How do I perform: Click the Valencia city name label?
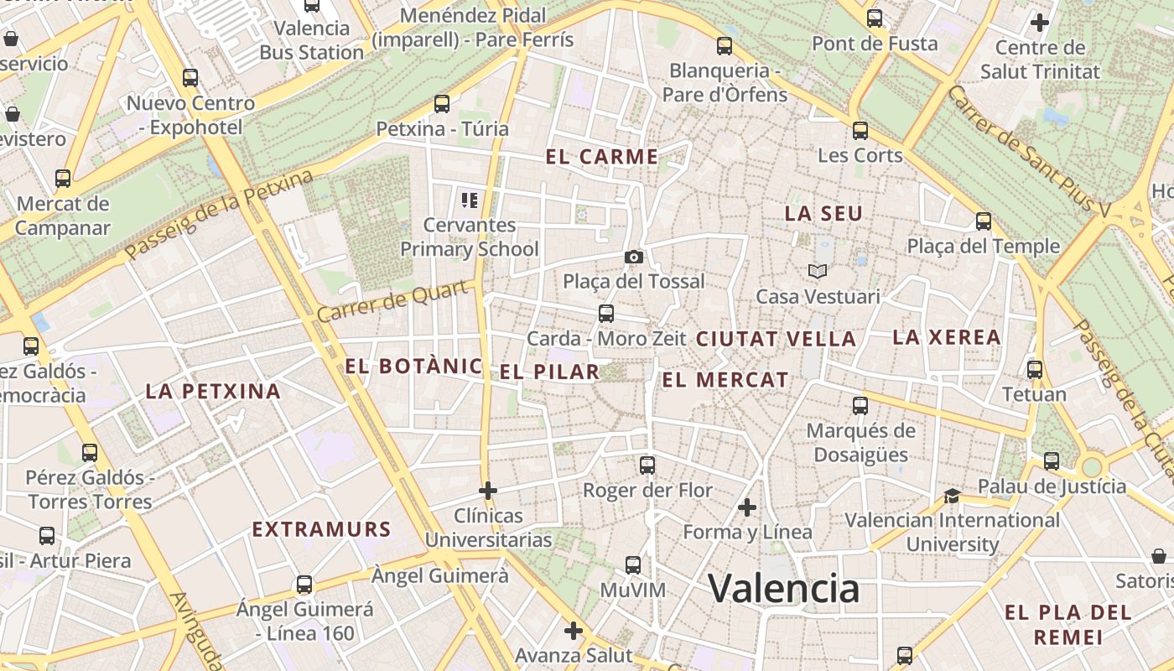(784, 588)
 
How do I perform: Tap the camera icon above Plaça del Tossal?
(634, 257)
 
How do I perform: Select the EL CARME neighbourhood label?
(601, 157)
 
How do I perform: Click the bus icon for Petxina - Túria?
(442, 104)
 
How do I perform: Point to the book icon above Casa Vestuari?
(818, 271)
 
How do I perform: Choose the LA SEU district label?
(823, 214)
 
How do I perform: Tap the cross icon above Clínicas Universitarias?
(488, 490)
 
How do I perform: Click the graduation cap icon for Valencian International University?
(952, 496)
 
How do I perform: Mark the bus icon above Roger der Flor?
(647, 465)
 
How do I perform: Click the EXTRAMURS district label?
(322, 529)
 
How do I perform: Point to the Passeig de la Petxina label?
(219, 214)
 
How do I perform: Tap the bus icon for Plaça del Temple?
(984, 221)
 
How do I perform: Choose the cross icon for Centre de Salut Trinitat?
(1040, 22)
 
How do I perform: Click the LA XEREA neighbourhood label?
(947, 338)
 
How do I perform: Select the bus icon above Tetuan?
(1035, 369)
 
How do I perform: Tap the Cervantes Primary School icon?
(470, 200)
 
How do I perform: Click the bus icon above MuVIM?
(633, 564)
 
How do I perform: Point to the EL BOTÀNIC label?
(413, 367)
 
